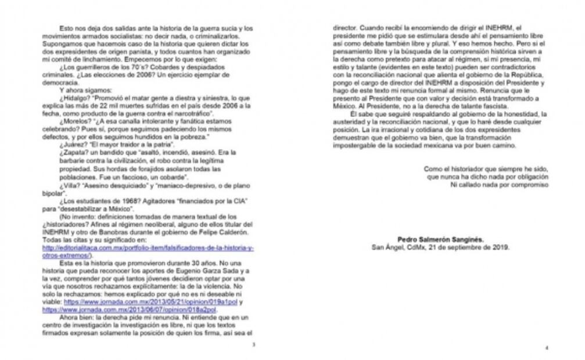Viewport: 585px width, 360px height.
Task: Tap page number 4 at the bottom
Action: [x=546, y=348]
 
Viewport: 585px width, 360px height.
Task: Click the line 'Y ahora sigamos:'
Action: [x=85, y=90]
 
